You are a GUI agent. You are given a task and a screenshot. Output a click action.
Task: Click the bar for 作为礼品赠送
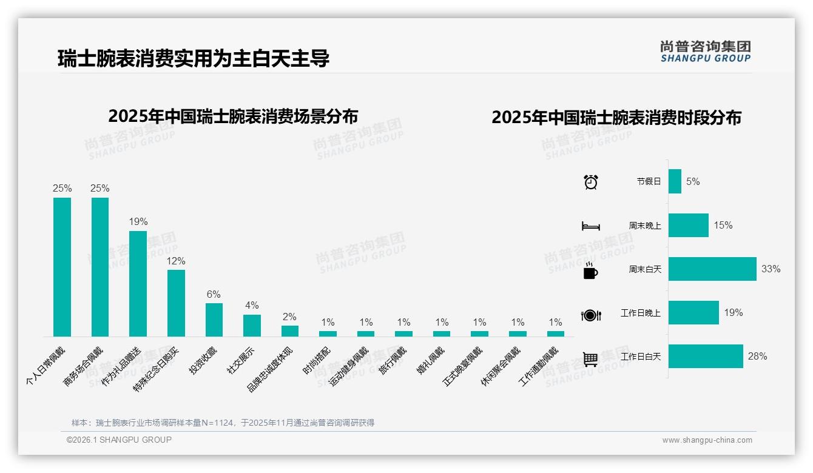138,283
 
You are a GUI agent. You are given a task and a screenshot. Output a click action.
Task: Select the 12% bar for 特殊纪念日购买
176,303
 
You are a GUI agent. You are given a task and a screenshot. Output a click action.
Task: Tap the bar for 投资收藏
214,320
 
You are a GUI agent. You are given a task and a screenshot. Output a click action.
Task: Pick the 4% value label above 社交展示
252,305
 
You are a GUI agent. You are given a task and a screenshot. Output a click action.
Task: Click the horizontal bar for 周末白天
712,269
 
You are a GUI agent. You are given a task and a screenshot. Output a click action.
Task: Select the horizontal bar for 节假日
675,181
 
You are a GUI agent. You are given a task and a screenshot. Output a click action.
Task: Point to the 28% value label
757,356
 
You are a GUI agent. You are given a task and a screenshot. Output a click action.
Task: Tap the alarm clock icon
590,182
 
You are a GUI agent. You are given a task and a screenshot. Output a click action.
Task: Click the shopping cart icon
590,359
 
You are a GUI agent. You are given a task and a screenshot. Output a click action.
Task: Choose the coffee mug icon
590,271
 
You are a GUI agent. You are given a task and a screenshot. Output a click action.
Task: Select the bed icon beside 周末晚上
590,226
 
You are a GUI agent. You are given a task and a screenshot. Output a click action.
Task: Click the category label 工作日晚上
641,313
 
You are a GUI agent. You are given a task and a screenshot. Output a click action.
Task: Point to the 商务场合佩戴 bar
100,267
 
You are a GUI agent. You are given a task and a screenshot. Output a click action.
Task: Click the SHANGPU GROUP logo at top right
705,52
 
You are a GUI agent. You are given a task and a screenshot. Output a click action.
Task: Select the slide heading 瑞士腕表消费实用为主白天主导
194,59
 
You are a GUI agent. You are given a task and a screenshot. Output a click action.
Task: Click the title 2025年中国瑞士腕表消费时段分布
616,118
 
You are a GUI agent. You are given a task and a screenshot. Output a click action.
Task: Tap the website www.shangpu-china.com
707,440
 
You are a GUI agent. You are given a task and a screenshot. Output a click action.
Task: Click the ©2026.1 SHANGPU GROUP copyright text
119,440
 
